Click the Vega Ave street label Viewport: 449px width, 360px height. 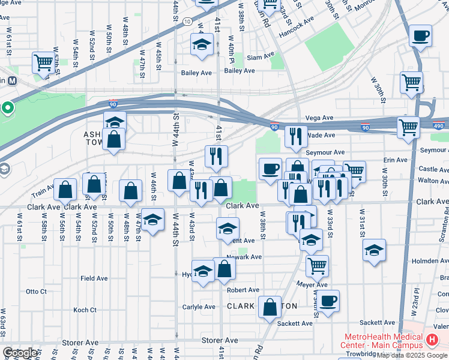[x=319, y=118]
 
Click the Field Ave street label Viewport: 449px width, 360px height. [x=94, y=278]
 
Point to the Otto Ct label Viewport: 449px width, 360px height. [x=36, y=292]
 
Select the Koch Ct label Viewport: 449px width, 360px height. [x=85, y=310]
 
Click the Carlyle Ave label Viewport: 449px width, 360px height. [x=199, y=307]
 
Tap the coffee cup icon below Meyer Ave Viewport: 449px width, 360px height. [x=328, y=301]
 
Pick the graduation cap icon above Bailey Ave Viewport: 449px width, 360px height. [x=202, y=44]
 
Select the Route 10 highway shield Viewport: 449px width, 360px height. [x=188, y=21]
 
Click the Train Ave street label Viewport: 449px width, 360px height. [x=43, y=191]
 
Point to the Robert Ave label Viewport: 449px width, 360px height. [x=243, y=290]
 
